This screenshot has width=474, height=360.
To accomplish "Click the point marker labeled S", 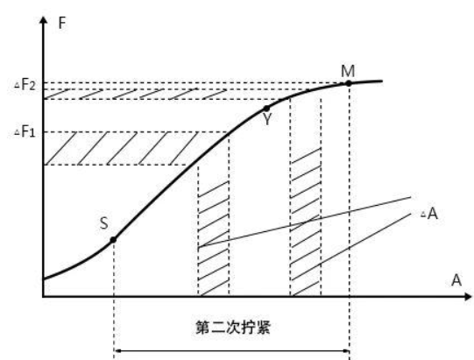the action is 113,240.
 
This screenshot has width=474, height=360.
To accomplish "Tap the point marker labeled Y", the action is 266,109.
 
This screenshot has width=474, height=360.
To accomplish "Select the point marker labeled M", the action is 349,83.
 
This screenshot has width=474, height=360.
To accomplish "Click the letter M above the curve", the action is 348,71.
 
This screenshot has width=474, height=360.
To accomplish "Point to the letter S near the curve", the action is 103,223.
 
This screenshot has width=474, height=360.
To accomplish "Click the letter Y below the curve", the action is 267,119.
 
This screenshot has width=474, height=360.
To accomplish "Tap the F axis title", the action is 61,23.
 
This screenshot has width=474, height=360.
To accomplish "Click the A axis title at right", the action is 456,280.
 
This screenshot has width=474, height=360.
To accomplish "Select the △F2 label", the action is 25,85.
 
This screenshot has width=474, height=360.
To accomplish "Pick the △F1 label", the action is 25,132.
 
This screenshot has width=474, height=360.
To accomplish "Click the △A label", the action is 429,214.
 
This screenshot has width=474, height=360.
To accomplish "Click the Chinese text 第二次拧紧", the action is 233,328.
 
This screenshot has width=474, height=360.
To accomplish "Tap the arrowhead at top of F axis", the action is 44,19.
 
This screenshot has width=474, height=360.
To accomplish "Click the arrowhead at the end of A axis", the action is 467,296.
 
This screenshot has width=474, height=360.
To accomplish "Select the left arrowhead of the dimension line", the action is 118,351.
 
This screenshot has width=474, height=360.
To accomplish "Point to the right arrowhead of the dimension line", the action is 345,351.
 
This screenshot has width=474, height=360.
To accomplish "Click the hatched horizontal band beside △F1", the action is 121,148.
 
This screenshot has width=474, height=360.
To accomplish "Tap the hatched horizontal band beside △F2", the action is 136,94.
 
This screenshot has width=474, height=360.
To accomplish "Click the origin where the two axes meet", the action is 44,296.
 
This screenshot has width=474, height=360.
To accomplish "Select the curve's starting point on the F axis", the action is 44,279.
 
